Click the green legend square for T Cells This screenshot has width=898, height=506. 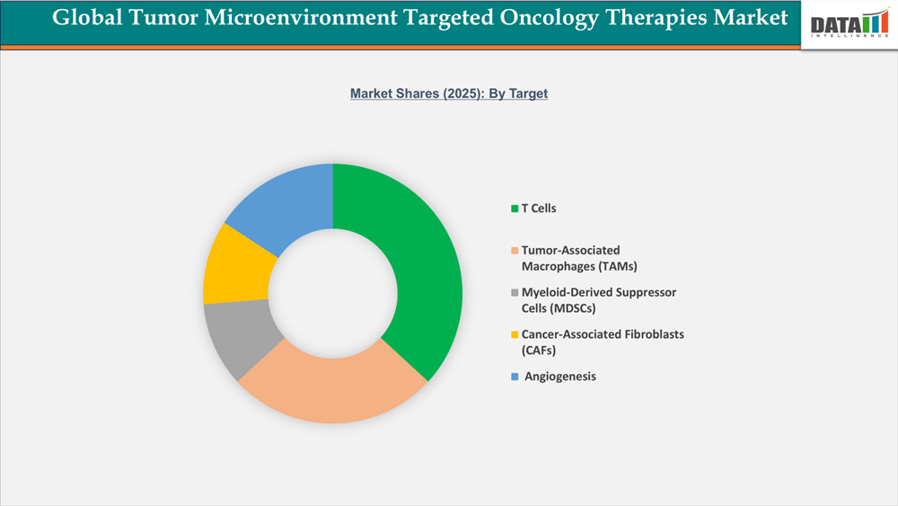(x=515, y=209)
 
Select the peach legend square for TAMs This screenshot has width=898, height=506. (x=515, y=250)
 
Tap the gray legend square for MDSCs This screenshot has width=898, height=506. (x=515, y=293)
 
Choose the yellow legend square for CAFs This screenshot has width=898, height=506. (x=515, y=334)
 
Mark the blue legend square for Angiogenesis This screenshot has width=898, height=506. (x=515, y=377)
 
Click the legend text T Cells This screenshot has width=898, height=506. (x=539, y=209)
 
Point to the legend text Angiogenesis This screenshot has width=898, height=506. (x=560, y=377)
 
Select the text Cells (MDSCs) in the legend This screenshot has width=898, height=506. (x=559, y=308)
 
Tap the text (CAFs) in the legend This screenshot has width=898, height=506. (x=539, y=350)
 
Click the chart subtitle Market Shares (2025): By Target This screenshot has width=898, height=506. (x=449, y=93)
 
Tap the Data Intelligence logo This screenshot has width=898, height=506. (x=847, y=24)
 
